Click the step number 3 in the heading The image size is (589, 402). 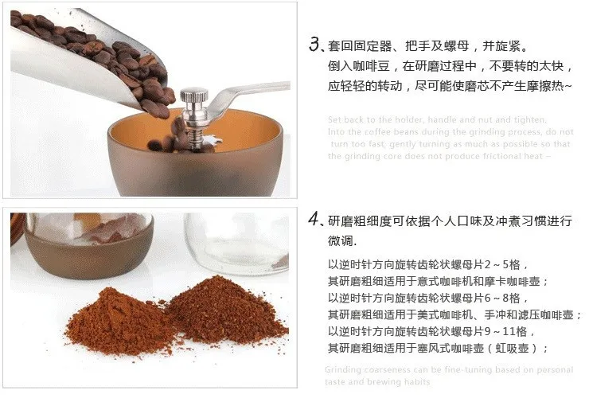pyautogui.click(x=314, y=45)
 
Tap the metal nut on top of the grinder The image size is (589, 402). pyautogui.click(x=193, y=98)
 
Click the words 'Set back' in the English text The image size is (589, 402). pyautogui.click(x=346, y=120)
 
